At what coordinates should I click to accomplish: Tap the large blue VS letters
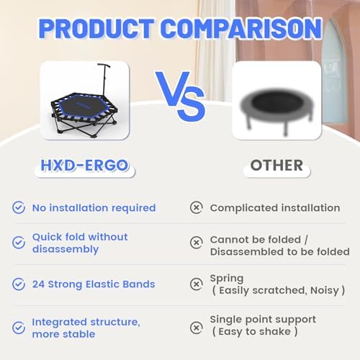(x=180, y=101)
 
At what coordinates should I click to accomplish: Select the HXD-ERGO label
(x=84, y=166)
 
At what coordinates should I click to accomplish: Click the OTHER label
(x=276, y=166)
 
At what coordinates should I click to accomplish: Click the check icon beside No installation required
(x=19, y=207)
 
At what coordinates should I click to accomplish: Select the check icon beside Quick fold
(x=19, y=243)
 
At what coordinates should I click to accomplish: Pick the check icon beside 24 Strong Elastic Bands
(x=19, y=284)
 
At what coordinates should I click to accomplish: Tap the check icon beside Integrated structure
(x=19, y=326)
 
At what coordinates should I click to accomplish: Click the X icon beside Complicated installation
(x=196, y=207)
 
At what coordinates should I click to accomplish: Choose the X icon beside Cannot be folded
(x=196, y=243)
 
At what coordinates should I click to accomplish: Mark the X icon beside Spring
(x=196, y=284)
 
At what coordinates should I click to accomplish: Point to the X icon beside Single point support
(x=196, y=326)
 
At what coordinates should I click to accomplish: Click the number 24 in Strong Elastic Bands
(x=38, y=284)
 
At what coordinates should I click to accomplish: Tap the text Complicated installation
(x=274, y=207)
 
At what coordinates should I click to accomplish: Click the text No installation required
(x=94, y=207)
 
